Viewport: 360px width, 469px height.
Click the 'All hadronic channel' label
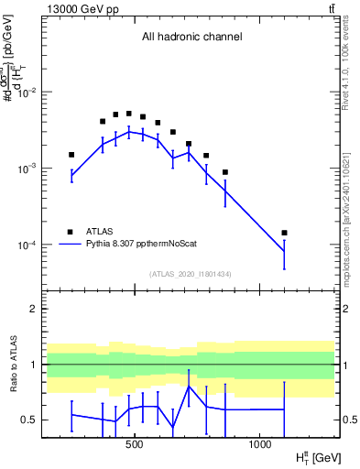tap(191, 38)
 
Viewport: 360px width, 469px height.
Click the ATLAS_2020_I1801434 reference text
tap(191, 274)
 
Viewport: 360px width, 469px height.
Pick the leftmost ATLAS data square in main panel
tap(71, 155)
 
